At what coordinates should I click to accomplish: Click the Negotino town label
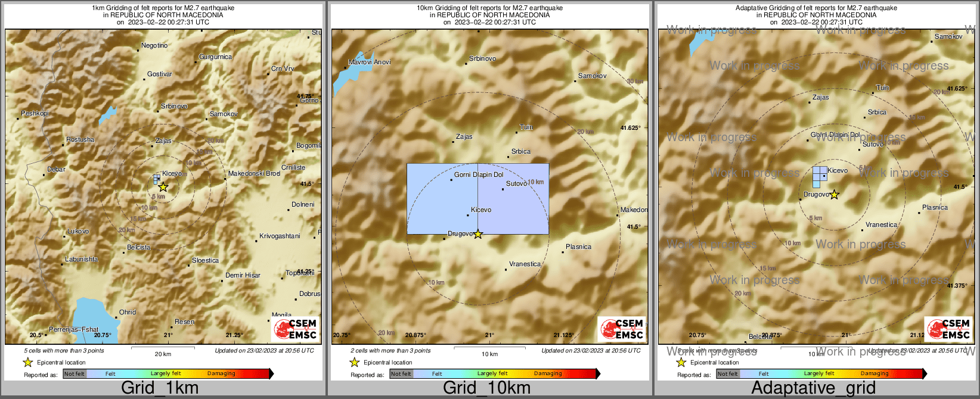coord(154,46)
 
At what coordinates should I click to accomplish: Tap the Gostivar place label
coord(160,74)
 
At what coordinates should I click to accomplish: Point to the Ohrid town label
coord(128,312)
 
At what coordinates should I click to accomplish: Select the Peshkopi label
coord(35,113)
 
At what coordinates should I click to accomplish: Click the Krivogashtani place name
coord(280,236)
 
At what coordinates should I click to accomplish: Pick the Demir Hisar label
coord(243,276)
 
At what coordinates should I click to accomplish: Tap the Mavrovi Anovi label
coord(370,63)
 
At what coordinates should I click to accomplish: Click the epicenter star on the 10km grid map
coord(477,234)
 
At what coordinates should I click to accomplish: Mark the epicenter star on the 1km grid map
coord(163,186)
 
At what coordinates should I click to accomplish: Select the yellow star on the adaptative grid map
coord(835,194)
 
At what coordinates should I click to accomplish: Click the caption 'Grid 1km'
coord(160,388)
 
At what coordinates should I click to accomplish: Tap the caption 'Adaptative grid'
coord(813,388)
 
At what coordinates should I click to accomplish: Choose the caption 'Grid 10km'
coord(486,388)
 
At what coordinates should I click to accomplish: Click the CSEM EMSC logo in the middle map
coord(622,329)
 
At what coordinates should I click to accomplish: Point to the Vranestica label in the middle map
coord(525,264)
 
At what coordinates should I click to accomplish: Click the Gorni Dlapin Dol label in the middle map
coord(479,175)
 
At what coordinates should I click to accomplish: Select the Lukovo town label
coord(78,232)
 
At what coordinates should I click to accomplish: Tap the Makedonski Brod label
coord(254,174)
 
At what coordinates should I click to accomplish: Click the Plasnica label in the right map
coord(935,208)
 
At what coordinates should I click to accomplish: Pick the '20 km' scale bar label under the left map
coord(163,354)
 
